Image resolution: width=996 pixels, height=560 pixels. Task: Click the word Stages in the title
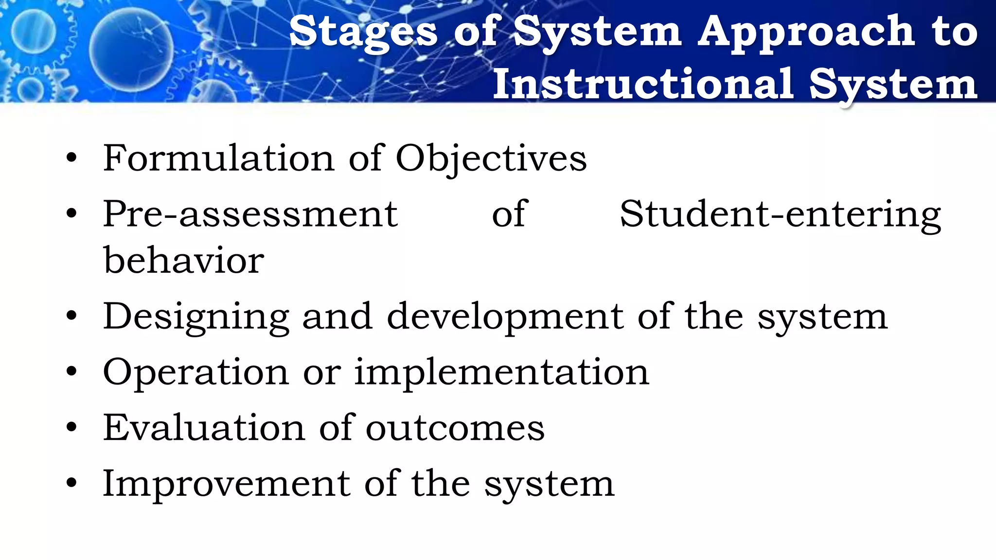[363, 32]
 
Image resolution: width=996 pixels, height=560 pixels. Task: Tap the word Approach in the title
[807, 32]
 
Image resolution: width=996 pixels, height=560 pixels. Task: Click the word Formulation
[218, 158]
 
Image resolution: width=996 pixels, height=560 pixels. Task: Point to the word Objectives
[491, 159]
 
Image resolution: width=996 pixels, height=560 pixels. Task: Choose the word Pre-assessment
[250, 214]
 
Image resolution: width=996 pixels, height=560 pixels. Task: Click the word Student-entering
[780, 214]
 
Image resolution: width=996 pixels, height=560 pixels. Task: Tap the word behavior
[184, 260]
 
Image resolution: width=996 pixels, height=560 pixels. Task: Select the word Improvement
[227, 484]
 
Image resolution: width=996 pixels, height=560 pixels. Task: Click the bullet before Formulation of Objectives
[72, 158]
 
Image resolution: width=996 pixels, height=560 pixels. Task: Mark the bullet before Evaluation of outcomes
[72, 428]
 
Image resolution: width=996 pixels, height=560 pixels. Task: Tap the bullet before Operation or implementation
[72, 372]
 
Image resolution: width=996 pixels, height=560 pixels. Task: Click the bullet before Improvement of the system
[72, 483]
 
